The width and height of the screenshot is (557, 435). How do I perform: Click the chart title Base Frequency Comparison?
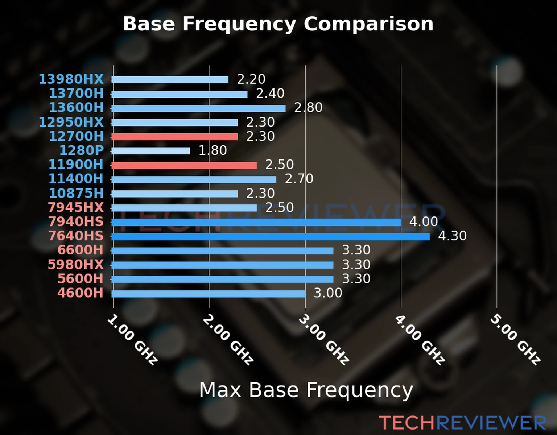coord(278,24)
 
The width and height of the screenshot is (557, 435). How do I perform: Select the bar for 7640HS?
coord(271,237)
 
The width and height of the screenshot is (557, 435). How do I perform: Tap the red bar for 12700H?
coord(174,137)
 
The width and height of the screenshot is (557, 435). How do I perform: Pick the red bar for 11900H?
coord(184,165)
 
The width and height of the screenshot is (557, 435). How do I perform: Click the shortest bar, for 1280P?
coord(150,151)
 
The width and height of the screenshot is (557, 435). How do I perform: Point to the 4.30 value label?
coord(452,236)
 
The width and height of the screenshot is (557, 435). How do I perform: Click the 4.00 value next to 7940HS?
coord(424,221)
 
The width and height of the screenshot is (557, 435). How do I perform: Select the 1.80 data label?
coord(213,150)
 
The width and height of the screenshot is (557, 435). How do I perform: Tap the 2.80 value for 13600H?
coord(308,108)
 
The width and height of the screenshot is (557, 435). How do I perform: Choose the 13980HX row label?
coord(71,79)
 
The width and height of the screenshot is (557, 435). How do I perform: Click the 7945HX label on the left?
coord(75,207)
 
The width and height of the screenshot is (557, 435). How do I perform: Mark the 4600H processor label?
coord(80,293)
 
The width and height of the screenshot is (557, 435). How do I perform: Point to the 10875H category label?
coord(76,193)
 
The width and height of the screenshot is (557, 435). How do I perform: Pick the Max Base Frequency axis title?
coord(306,390)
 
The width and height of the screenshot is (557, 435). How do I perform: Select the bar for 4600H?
coord(209,294)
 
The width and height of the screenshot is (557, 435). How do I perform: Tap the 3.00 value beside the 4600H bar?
coord(328,293)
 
